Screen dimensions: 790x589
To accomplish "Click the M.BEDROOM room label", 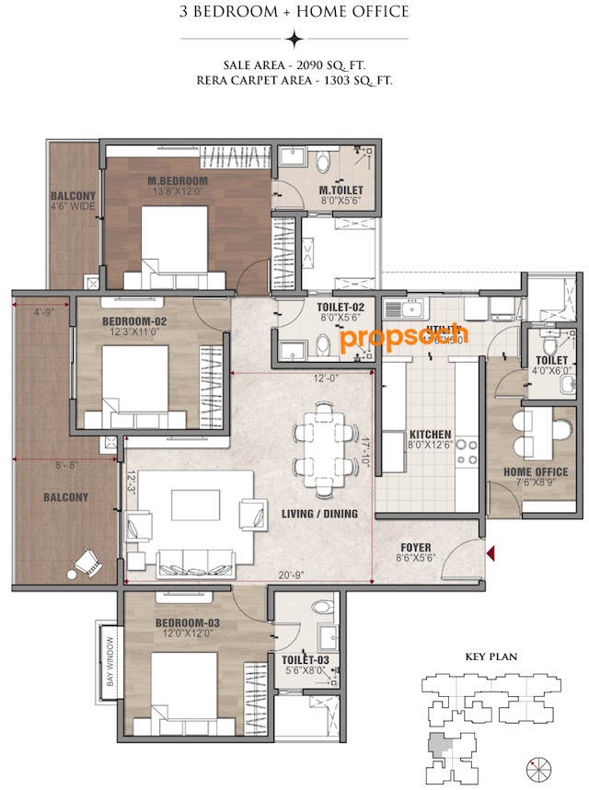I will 178,180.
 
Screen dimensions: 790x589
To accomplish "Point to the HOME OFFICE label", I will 536,472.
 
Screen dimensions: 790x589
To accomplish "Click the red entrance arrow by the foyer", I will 491,552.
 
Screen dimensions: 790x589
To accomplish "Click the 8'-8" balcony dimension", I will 65,466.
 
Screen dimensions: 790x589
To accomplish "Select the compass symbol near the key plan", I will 539,766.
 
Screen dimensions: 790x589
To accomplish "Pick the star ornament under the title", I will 294,39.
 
